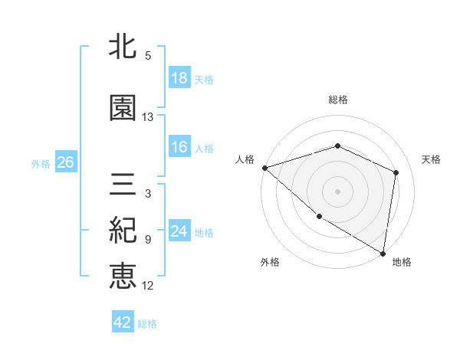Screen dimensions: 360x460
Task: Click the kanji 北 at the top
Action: pos(123,48)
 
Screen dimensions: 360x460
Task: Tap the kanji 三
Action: pos(123,185)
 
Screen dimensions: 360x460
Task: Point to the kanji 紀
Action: pos(123,231)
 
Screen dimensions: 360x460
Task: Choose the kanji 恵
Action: pos(123,276)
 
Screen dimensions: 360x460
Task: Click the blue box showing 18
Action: pos(179,79)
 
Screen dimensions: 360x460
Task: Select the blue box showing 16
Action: pos(179,148)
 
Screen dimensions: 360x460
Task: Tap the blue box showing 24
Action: pos(179,232)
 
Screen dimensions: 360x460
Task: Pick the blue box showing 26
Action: pos(65,163)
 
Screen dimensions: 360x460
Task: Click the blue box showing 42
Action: pos(123,323)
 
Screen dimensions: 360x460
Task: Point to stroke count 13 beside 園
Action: pos(148,117)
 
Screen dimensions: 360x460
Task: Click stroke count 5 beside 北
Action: pos(148,56)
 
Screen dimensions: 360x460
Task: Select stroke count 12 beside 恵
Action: pos(148,286)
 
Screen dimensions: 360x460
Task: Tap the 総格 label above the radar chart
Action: pos(338,100)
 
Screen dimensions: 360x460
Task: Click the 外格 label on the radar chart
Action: pos(270,262)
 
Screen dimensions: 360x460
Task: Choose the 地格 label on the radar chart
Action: pos(402,262)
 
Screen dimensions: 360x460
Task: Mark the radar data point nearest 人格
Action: pos(264,168)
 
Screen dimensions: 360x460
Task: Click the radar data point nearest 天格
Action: pos(396,172)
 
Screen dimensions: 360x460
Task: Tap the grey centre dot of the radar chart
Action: pos(338,191)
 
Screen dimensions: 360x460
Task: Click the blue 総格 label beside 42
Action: pos(147,324)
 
